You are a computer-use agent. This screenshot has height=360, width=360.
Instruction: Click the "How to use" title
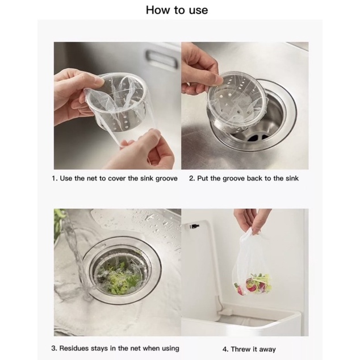click(177, 10)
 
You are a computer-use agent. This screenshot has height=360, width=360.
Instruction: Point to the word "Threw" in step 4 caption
click(240, 349)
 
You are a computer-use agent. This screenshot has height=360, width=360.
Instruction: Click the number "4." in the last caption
click(225, 349)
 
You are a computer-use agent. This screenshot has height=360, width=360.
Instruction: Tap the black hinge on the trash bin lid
click(194, 226)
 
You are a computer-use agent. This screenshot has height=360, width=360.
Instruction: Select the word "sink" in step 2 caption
click(292, 178)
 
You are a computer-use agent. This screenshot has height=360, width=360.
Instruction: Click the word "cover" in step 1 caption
click(117, 179)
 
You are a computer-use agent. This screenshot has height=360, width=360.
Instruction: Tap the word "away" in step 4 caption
click(267, 350)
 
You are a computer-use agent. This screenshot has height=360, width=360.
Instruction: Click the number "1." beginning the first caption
click(55, 178)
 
